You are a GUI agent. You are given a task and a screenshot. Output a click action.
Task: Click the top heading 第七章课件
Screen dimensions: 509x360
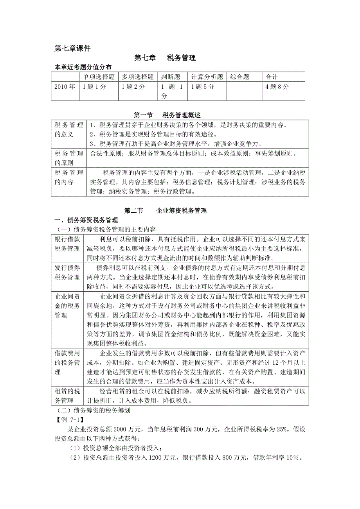click(x=72, y=48)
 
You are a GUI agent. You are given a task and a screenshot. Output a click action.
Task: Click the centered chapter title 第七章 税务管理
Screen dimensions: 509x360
click(x=165, y=58)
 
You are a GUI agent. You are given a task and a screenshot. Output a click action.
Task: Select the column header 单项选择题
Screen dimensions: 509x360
click(x=98, y=77)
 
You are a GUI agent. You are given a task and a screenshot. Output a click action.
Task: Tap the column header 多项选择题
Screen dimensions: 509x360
click(x=137, y=77)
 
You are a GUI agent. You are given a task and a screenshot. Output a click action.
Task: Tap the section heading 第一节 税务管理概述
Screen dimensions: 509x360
click(x=167, y=115)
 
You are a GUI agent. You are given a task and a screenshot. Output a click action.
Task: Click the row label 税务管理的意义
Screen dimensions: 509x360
click(x=69, y=130)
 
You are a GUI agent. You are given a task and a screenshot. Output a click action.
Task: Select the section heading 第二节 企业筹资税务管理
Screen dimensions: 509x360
click(x=166, y=211)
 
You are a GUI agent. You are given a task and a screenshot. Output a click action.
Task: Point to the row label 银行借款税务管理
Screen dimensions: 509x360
click(x=67, y=244)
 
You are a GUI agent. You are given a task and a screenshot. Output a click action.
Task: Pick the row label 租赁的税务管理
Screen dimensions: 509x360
click(x=67, y=396)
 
